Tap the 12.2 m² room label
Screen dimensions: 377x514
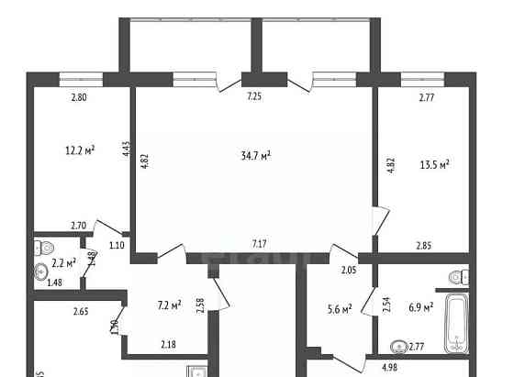pyautogui.click(x=80, y=150)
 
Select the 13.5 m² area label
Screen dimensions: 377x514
pyautogui.click(x=431, y=165)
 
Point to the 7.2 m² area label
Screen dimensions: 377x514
pyautogui.click(x=169, y=304)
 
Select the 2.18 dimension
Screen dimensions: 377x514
pyautogui.click(x=168, y=344)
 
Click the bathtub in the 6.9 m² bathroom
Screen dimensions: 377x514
pyautogui.click(x=456, y=323)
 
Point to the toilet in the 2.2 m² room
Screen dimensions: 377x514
pyautogui.click(x=42, y=248)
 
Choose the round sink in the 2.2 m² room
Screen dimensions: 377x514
pyautogui.click(x=41, y=272)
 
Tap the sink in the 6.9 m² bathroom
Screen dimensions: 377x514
pyautogui.click(x=398, y=347)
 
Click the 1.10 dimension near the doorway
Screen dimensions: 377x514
pyautogui.click(x=116, y=245)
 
